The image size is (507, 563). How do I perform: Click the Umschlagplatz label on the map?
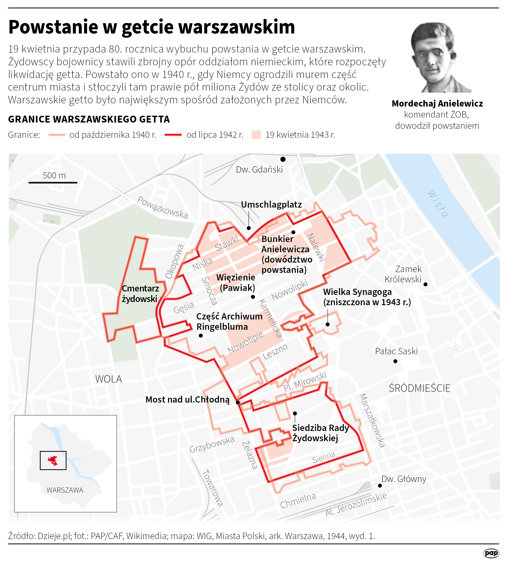click(271, 204)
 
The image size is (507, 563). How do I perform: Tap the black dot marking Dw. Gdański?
click(283, 159)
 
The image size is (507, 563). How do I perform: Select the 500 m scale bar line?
click(53, 183)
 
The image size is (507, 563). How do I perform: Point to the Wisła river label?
click(438, 204)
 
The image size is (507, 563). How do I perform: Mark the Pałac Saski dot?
click(395, 361)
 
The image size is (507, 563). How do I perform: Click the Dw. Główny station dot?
click(380, 486)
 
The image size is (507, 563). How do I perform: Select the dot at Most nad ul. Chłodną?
click(238, 402)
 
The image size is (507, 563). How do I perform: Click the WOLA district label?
click(109, 379)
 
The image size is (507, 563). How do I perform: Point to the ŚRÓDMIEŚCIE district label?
click(420, 388)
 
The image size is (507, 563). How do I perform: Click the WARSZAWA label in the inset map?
click(65, 490)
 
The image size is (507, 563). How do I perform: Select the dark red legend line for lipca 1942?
click(173, 135)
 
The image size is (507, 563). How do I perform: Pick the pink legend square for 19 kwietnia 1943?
click(256, 135)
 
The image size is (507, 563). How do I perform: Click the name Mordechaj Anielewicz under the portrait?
click(437, 104)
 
